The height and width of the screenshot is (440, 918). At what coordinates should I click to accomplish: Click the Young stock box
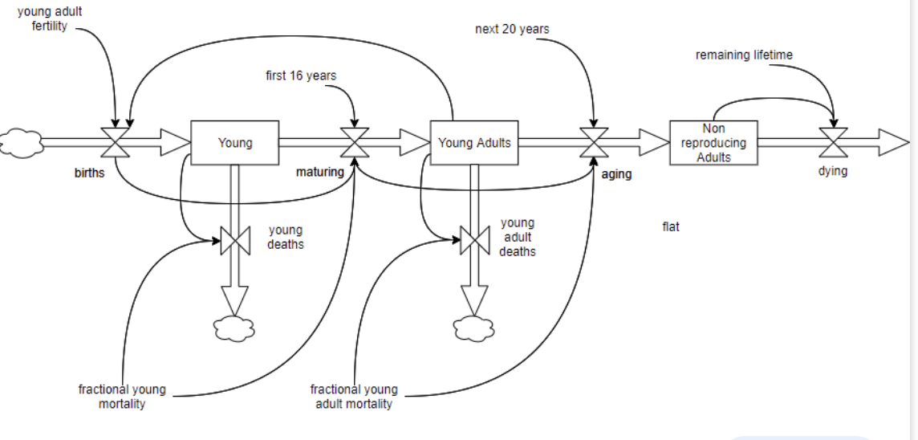point(234,143)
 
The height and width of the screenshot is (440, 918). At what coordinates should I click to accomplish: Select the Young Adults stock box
point(474,143)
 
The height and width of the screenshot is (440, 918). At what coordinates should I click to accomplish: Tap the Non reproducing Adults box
point(713,143)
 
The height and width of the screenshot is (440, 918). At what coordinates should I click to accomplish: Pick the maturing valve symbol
point(354,143)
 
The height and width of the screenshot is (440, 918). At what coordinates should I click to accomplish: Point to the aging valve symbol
point(594,143)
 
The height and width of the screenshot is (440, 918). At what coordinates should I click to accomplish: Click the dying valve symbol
point(834,143)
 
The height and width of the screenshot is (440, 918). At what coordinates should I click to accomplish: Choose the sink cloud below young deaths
point(234,328)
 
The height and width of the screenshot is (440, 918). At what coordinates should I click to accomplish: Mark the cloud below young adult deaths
point(474,328)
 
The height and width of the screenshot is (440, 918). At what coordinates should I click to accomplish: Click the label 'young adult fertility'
point(50,19)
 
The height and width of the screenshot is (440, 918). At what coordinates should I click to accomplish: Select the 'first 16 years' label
point(301,75)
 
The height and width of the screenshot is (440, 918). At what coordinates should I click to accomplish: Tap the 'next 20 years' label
point(512,30)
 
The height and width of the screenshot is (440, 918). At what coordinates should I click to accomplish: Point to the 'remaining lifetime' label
point(744,55)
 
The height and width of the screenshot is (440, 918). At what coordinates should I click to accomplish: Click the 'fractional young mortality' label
point(122,397)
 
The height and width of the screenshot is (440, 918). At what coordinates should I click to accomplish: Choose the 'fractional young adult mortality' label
point(354,397)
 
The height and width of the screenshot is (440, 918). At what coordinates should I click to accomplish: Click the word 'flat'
point(671,227)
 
